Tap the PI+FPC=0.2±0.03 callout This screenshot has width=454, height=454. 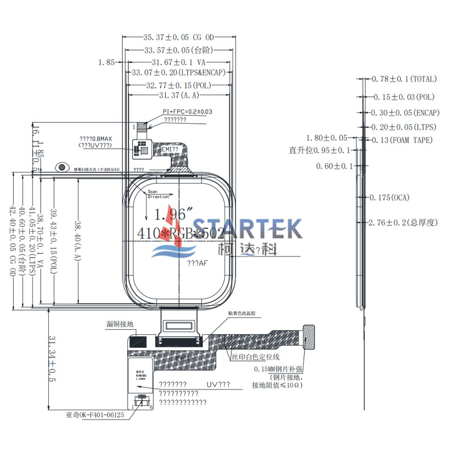[x=187, y=112]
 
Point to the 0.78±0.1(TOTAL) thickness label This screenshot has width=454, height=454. [x=404, y=79]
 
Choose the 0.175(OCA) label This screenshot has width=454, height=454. [x=389, y=197]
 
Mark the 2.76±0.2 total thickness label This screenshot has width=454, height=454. [x=403, y=222]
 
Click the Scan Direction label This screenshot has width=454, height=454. [x=158, y=195]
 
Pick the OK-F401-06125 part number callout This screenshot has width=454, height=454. [x=95, y=415]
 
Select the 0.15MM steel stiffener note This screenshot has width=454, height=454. [x=278, y=368]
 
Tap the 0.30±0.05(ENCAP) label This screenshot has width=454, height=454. [x=403, y=112]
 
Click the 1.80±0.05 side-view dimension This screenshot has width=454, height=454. [x=326, y=138]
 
